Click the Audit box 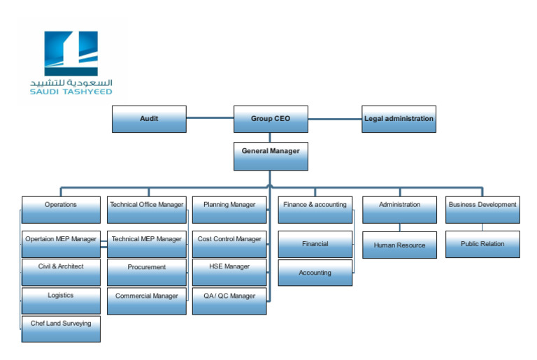[149, 119]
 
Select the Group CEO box [270, 119]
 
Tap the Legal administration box [399, 119]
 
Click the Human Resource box [399, 245]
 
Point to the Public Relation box [482, 244]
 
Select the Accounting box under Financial [315, 273]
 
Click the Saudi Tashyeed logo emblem [71, 54]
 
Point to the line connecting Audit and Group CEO [209, 118]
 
